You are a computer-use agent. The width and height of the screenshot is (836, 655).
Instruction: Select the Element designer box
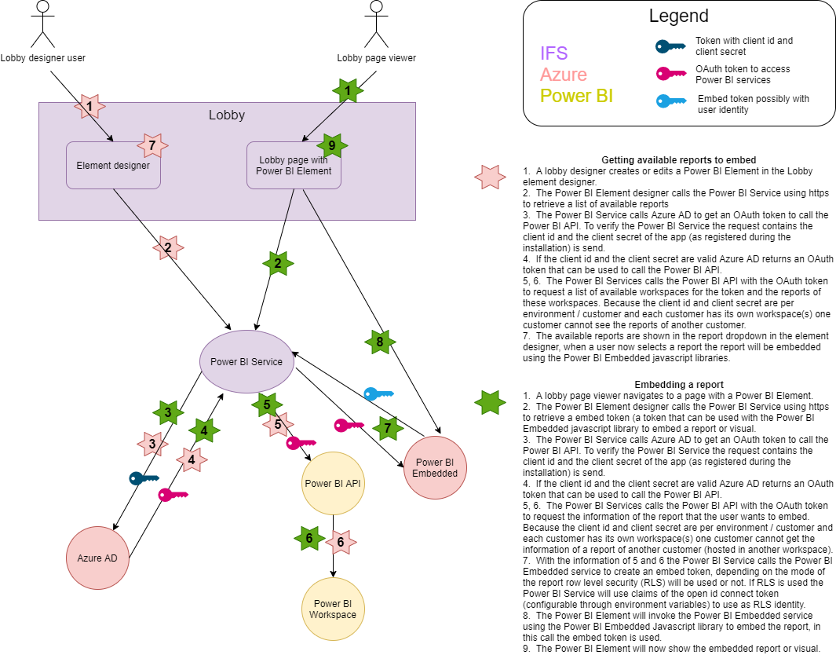(113, 165)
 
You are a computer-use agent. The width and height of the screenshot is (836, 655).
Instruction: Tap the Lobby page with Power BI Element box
(294, 165)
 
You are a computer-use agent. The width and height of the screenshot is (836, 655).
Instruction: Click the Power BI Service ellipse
(246, 361)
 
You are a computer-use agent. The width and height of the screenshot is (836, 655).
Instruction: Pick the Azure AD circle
(97, 558)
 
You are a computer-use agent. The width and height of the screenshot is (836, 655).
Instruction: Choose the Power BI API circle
(333, 483)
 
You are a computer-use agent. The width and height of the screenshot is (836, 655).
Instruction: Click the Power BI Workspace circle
(333, 609)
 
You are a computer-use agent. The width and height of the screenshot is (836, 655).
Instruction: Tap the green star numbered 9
(332, 145)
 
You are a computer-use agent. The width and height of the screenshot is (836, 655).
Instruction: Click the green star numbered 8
(380, 342)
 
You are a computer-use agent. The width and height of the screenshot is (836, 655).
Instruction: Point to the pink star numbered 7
(152, 145)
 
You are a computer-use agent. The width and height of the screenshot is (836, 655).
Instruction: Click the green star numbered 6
(309, 538)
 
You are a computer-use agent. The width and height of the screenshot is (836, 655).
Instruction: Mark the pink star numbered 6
(341, 542)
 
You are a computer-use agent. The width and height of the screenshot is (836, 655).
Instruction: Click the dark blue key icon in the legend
(672, 46)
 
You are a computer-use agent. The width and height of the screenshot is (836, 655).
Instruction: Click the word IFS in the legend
(553, 53)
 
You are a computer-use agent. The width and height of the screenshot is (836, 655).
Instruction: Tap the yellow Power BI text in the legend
(576, 96)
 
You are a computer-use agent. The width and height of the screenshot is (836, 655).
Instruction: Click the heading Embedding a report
(677, 384)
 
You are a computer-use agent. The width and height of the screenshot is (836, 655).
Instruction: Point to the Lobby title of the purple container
(227, 115)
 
